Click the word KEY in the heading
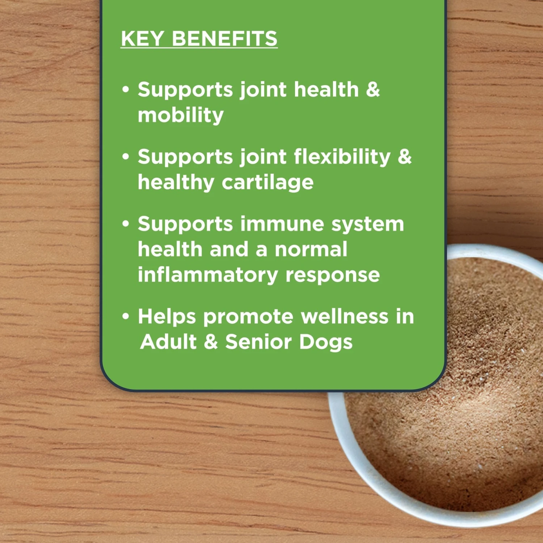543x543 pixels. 143,38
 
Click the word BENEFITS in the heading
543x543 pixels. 225,38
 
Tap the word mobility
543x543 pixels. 181,115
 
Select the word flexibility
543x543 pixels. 342,157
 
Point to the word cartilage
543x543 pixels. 268,182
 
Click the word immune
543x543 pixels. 282,224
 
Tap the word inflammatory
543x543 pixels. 208,275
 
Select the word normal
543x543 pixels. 311,249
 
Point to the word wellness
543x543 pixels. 344,316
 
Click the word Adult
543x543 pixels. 168,342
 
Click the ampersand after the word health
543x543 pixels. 373,89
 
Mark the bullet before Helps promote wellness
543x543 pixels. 126,316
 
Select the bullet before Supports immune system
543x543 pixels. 126,224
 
